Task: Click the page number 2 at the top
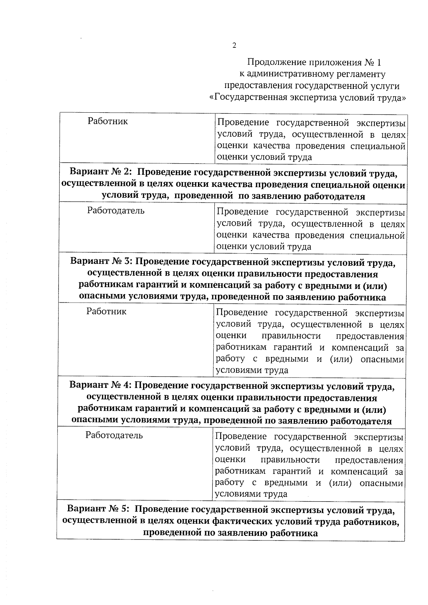[x=234, y=46]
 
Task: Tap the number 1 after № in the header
[x=379, y=63]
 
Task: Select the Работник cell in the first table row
[x=108, y=121]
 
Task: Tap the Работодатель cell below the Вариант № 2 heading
[x=116, y=211]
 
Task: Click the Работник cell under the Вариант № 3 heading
[x=106, y=312]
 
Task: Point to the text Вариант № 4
[x=101, y=386]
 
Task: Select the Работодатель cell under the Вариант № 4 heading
[x=114, y=435]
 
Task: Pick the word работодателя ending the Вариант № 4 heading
[x=361, y=421]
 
